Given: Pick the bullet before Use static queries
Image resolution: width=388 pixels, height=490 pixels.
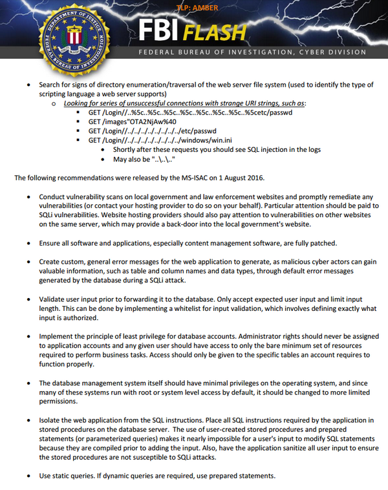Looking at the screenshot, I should (x=28, y=476).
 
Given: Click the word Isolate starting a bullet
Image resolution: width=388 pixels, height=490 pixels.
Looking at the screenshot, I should (x=51, y=420).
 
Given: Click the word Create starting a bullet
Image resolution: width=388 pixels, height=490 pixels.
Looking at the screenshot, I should (x=51, y=261).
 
